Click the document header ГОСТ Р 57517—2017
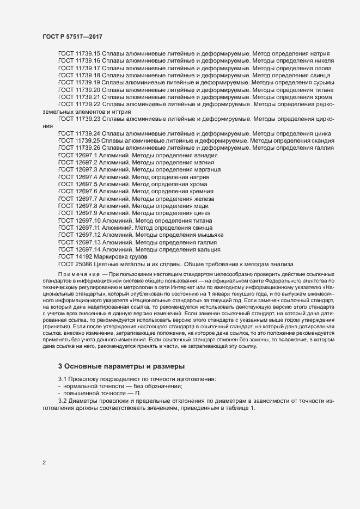(x=72, y=36)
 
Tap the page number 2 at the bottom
(x=44, y=463)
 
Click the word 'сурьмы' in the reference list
(x=324, y=82)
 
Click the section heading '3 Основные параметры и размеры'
(x=121, y=366)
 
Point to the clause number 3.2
(x=63, y=401)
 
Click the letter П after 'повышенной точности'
(x=130, y=393)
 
